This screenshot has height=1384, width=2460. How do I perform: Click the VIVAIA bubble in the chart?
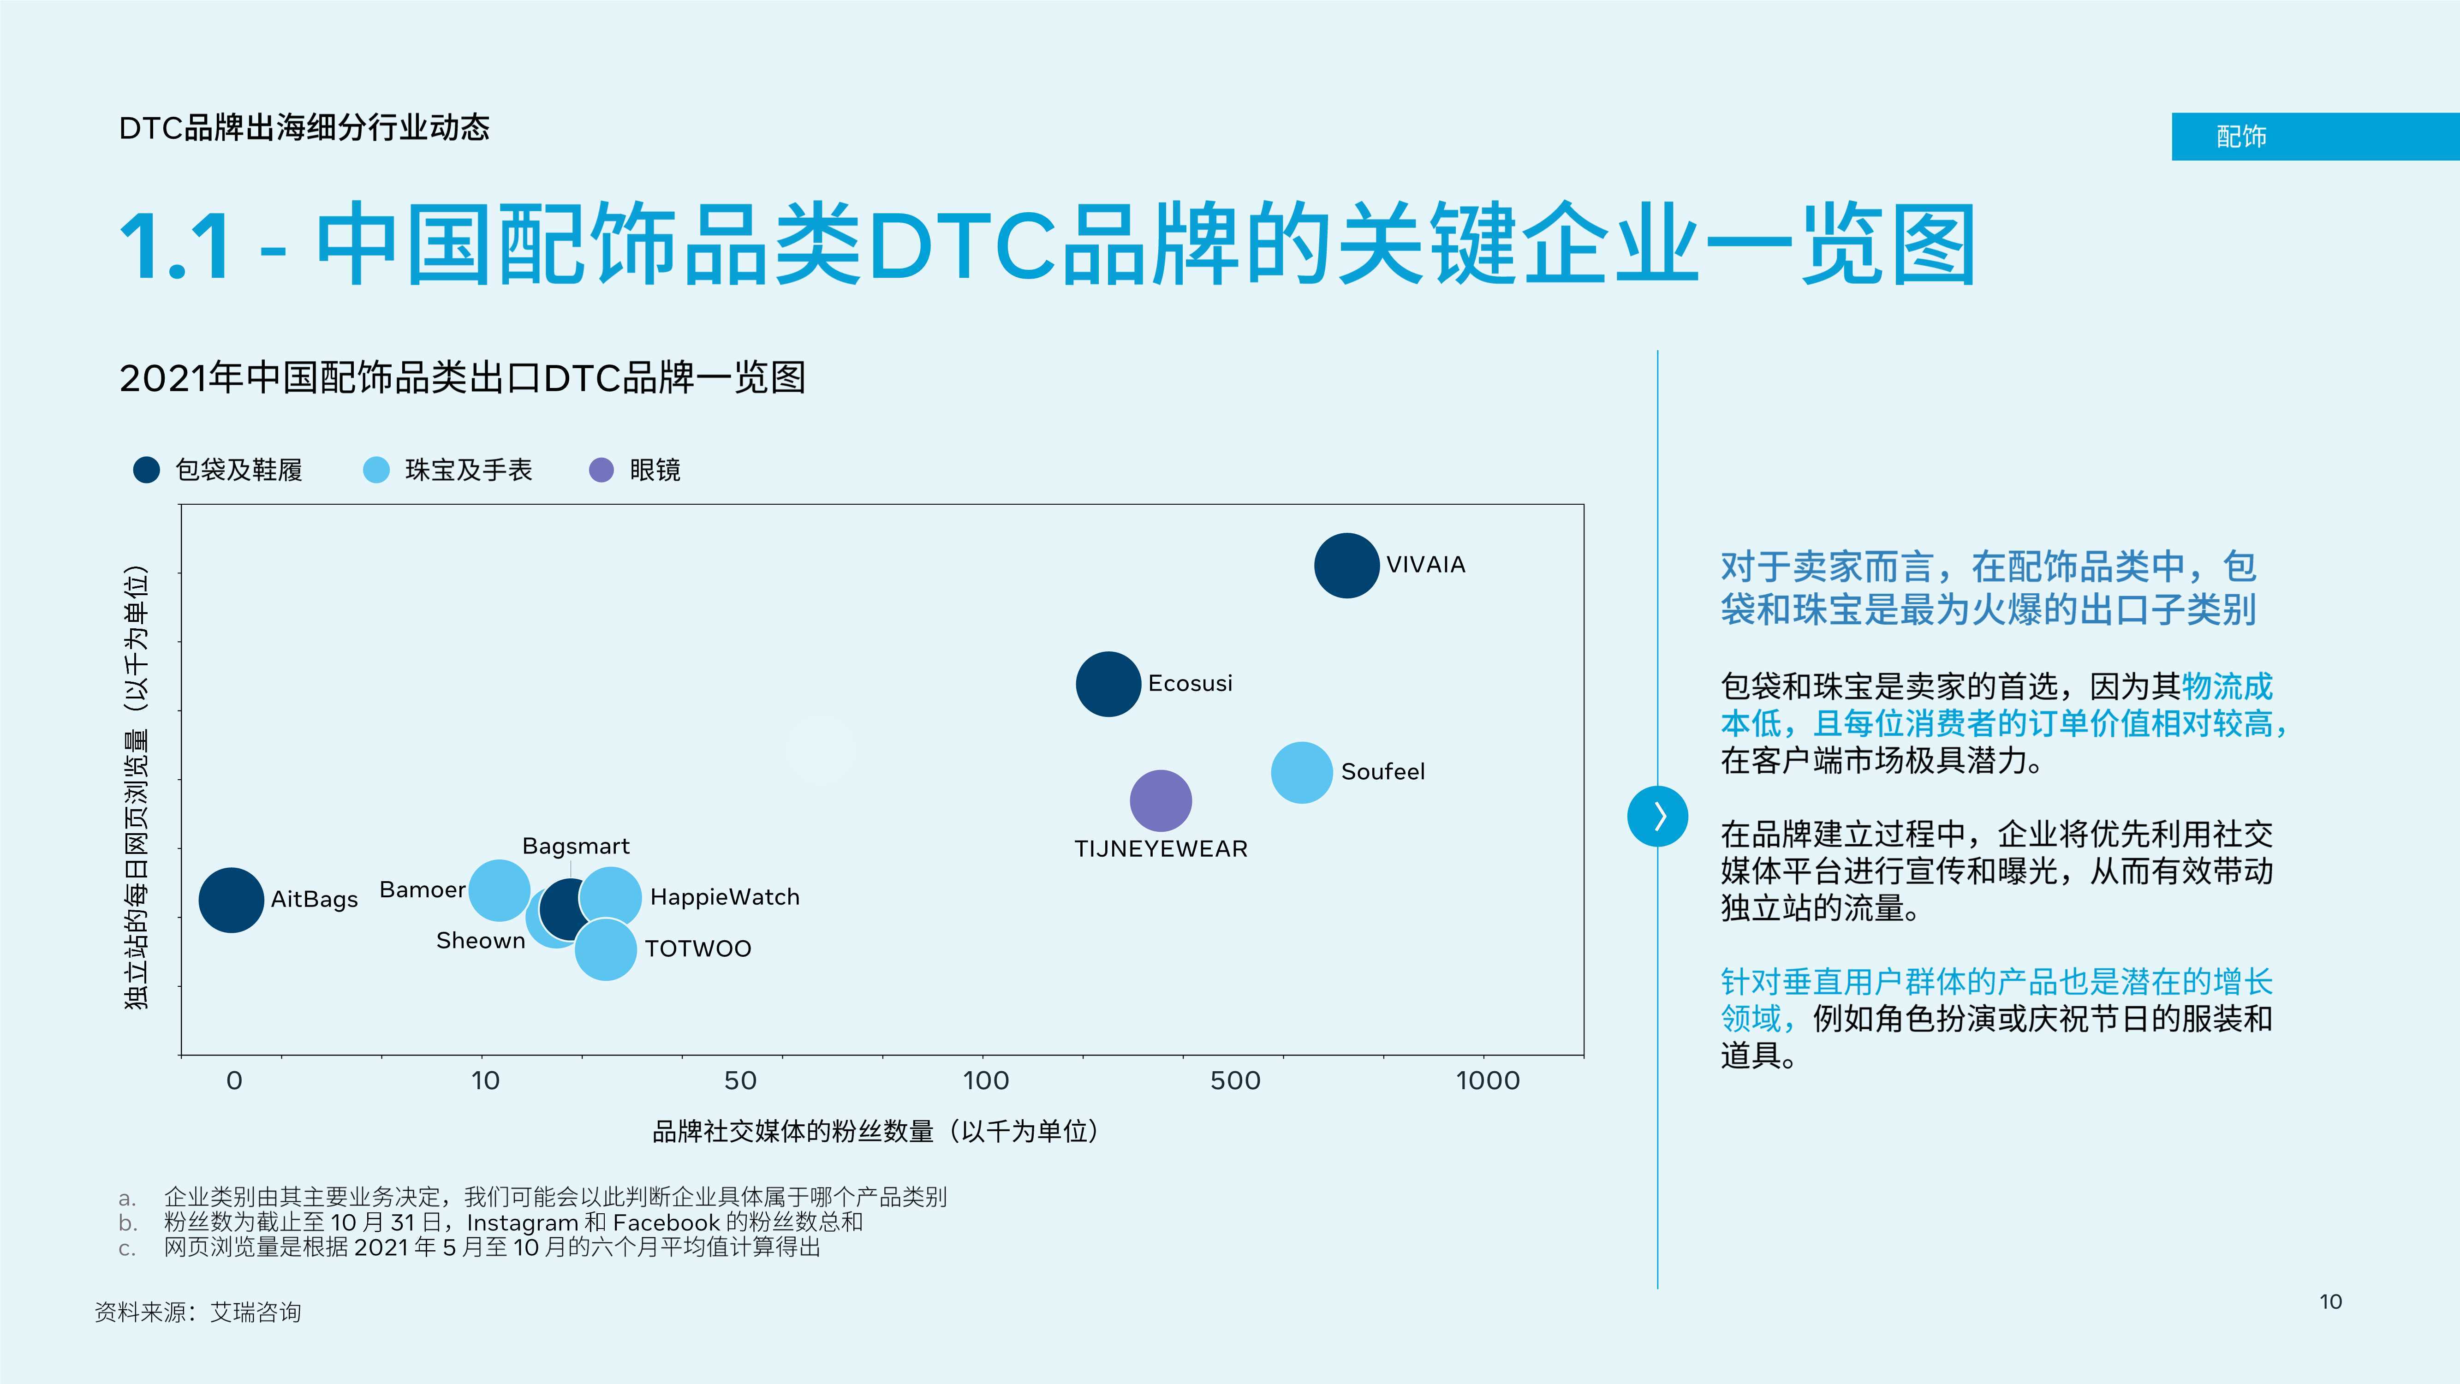coord(1346,566)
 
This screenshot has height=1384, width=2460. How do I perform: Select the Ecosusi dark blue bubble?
coord(1108,684)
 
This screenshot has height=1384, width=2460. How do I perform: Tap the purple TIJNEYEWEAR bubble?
coord(1160,800)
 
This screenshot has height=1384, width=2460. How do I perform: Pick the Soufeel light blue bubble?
coord(1302,772)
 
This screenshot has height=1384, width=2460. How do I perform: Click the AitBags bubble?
coord(231,900)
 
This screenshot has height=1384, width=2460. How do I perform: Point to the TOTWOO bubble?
coord(606,949)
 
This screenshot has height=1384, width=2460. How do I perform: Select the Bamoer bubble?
coord(499,890)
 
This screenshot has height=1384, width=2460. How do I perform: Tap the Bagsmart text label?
coord(576,846)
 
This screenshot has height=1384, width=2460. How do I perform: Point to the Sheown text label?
coord(480,941)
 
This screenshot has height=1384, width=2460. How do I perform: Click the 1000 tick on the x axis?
coord(1487,1080)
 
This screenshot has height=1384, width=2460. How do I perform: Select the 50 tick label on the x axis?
coord(740,1080)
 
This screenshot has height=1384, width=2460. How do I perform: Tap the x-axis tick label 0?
coord(234,1080)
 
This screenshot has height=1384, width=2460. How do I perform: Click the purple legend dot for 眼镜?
coord(601,470)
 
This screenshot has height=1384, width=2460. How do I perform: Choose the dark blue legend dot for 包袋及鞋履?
coord(146,470)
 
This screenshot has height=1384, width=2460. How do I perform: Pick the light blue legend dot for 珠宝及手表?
coord(376,470)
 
